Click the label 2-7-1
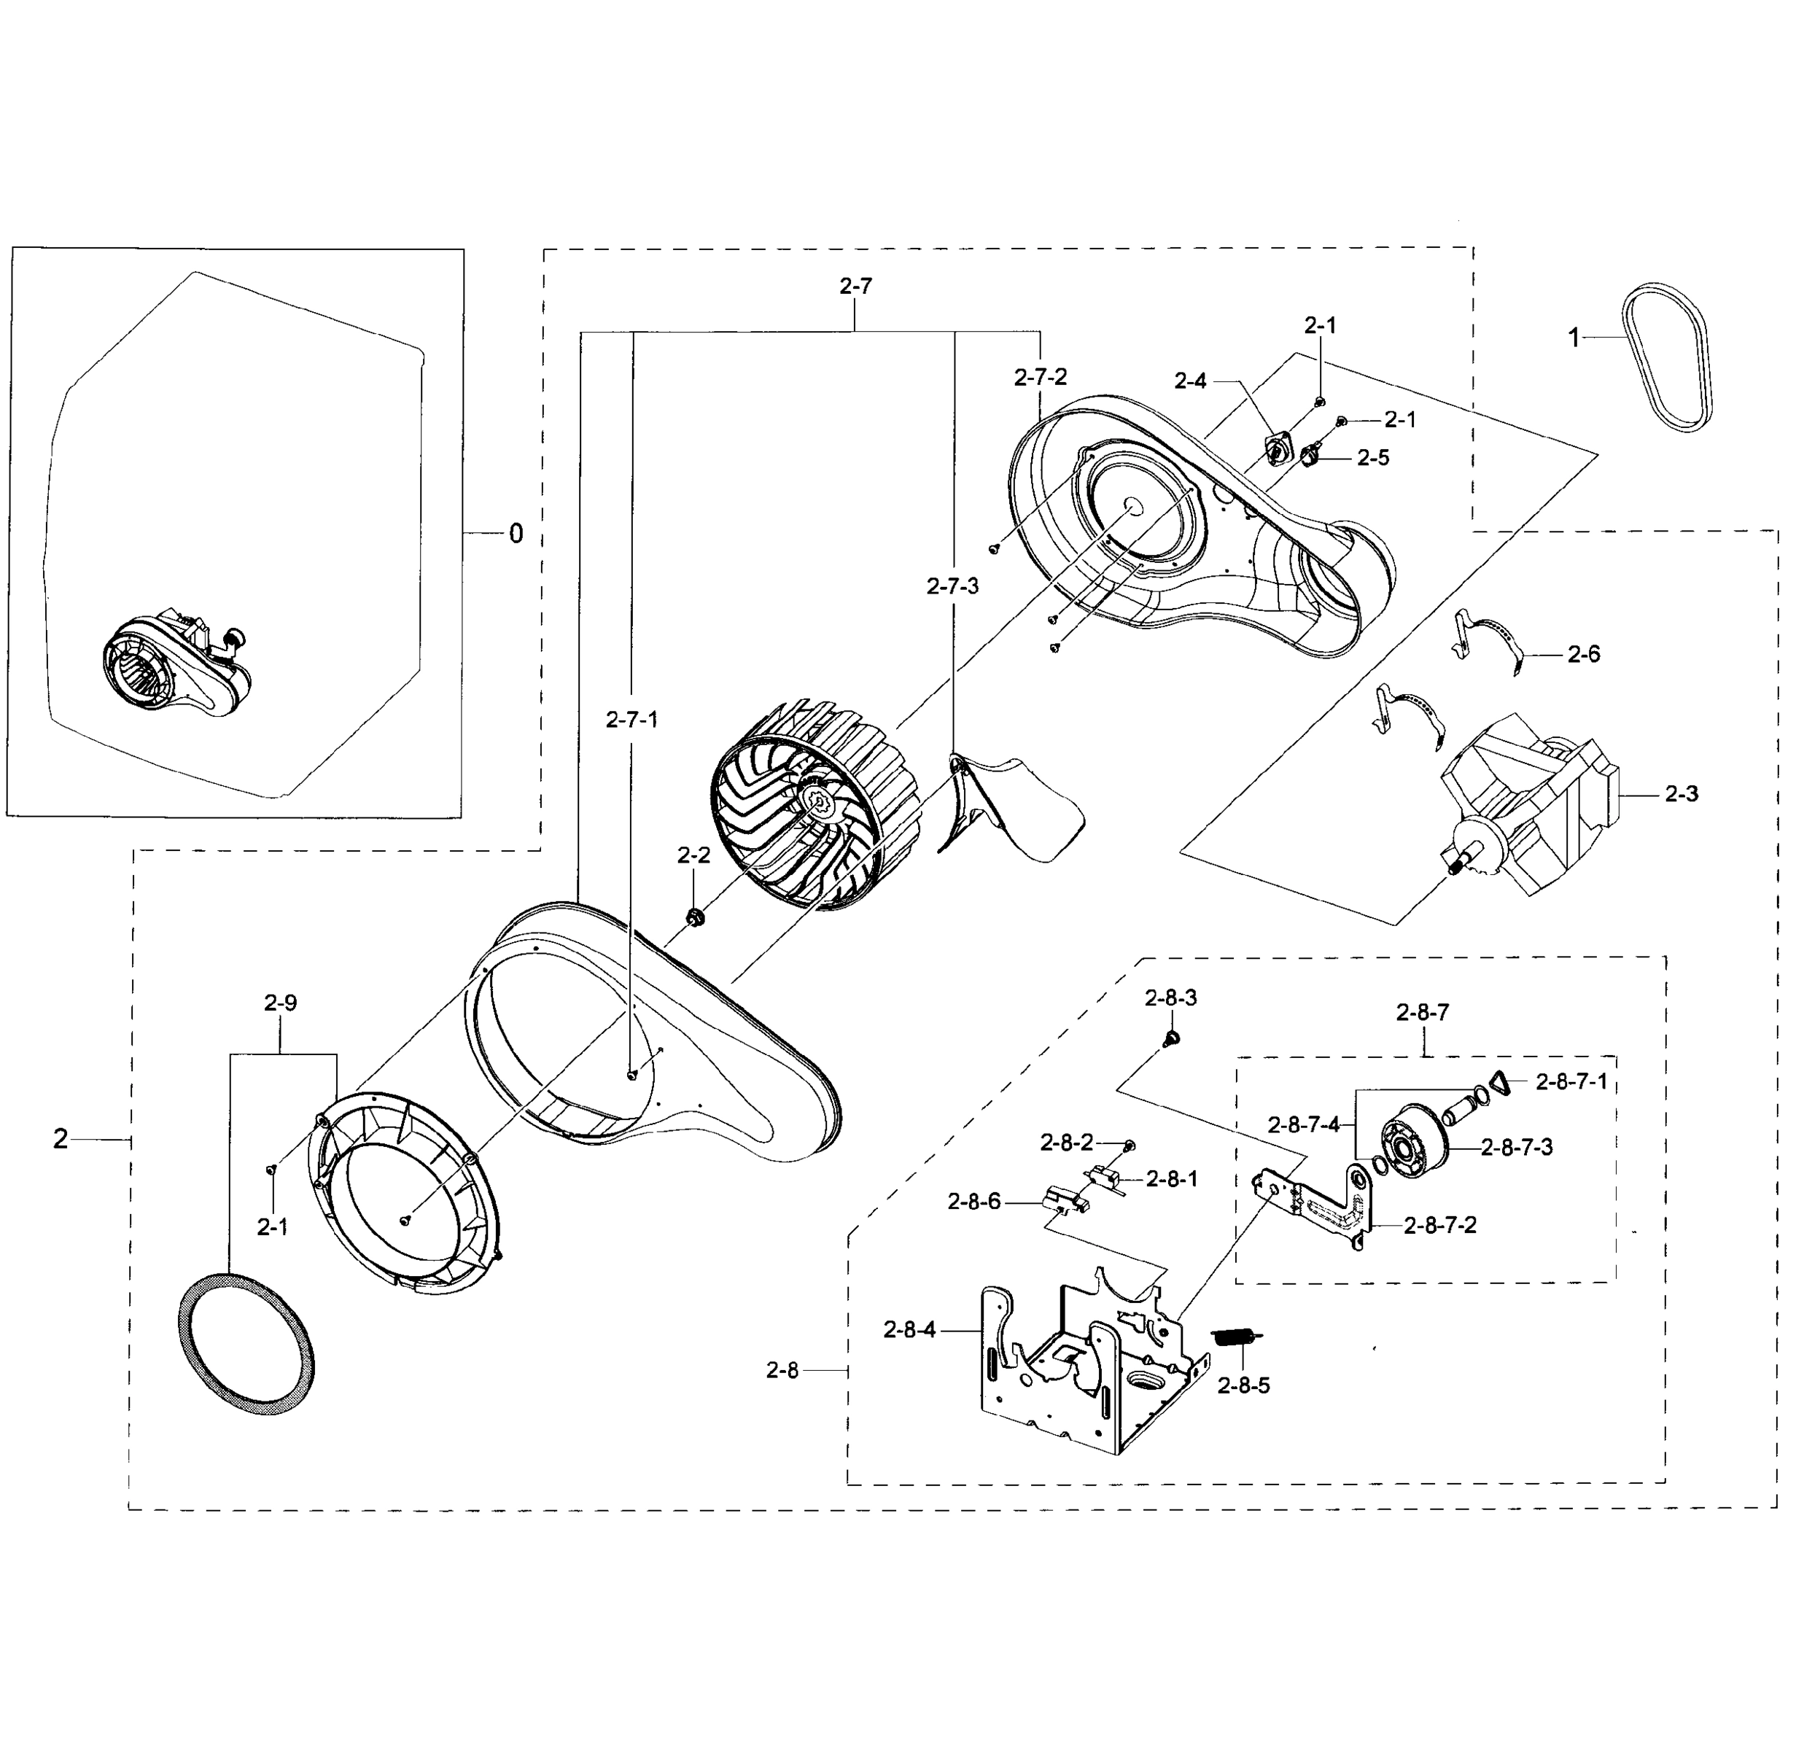tap(631, 720)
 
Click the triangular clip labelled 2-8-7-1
tap(1500, 1084)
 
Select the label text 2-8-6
tap(974, 1201)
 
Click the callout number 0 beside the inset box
tap(516, 534)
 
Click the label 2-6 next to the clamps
tap(1584, 654)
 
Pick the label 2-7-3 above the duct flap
tap(952, 586)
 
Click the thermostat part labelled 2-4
tap(1278, 449)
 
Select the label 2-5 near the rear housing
tap(1373, 458)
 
